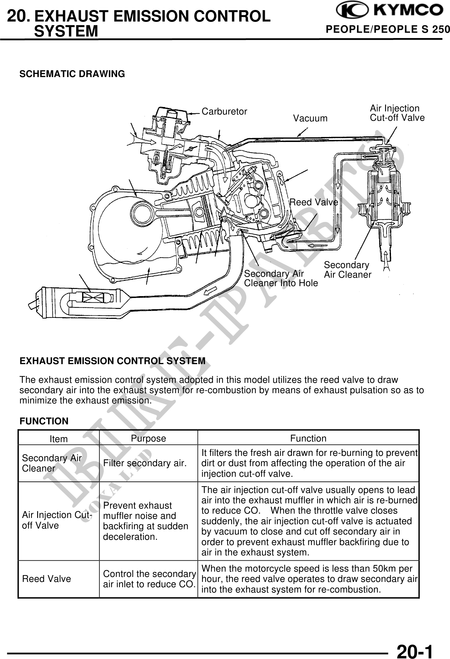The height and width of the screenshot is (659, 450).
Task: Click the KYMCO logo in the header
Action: [x=389, y=11]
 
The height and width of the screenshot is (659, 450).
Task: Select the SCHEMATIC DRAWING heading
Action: [x=72, y=74]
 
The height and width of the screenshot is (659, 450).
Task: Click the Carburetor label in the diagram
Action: [x=224, y=112]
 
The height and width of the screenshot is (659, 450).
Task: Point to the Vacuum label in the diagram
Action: [x=310, y=119]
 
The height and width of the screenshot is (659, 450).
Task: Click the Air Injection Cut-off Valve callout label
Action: [x=397, y=113]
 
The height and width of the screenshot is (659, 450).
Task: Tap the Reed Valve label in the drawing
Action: [x=314, y=203]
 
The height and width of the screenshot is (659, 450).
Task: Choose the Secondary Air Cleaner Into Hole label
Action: [x=281, y=279]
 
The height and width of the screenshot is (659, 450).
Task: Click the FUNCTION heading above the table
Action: [x=44, y=421]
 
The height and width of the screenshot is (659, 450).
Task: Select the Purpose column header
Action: [x=148, y=438]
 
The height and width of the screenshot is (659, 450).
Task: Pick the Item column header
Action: [x=59, y=439]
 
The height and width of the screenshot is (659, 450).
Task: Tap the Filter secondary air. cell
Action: [x=145, y=463]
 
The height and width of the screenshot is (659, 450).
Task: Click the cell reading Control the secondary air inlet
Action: [x=149, y=579]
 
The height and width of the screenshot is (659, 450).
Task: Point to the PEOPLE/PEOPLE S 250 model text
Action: [x=388, y=30]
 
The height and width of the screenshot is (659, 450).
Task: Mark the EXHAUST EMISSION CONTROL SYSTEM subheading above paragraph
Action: [x=112, y=361]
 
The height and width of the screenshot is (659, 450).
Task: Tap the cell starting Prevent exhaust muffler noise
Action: [x=146, y=521]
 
